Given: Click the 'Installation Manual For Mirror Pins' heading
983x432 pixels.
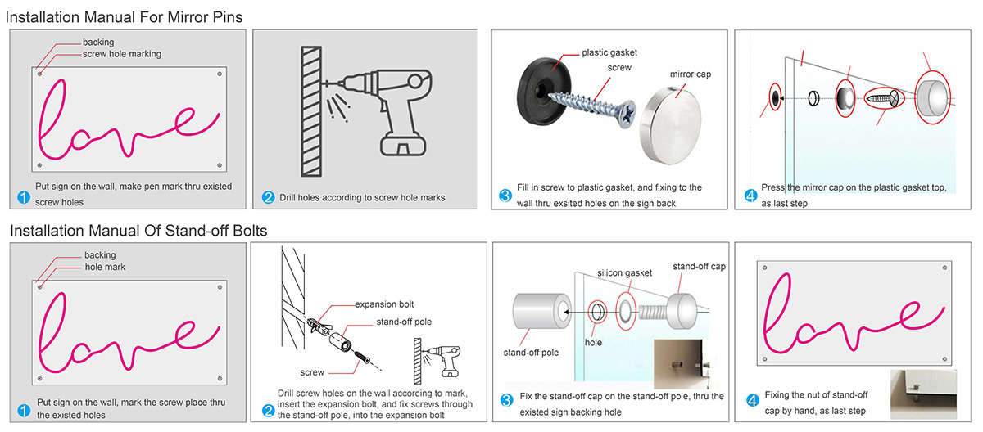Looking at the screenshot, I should pyautogui.click(x=125, y=16).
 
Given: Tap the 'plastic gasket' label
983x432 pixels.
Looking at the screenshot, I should pyautogui.click(x=609, y=53).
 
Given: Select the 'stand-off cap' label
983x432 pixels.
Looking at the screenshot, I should pyautogui.click(x=699, y=267).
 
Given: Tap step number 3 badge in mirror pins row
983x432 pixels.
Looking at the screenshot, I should pyautogui.click(x=505, y=196).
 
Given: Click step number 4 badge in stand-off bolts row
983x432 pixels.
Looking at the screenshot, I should pyautogui.click(x=752, y=401).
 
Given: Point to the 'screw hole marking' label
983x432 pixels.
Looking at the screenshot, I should pyautogui.click(x=122, y=54).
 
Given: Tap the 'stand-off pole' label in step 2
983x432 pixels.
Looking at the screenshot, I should pyautogui.click(x=405, y=322).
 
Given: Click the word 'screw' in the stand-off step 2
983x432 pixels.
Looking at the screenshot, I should pyautogui.click(x=312, y=371).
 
